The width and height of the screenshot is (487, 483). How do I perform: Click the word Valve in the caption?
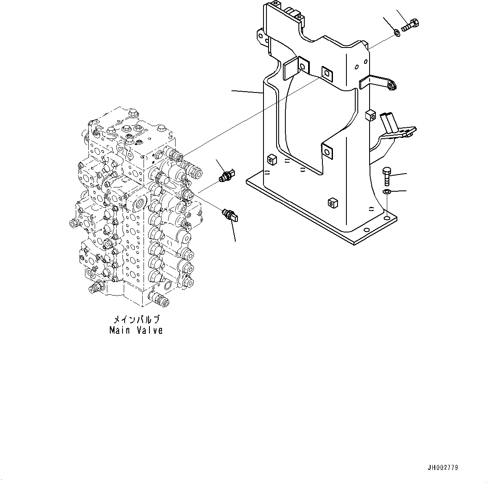pos(149,330)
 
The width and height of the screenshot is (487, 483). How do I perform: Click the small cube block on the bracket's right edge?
pos(370,115)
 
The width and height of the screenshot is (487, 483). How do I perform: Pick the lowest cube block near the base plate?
pos(333,203)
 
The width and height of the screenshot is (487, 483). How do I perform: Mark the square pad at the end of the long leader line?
pos(326,73)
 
